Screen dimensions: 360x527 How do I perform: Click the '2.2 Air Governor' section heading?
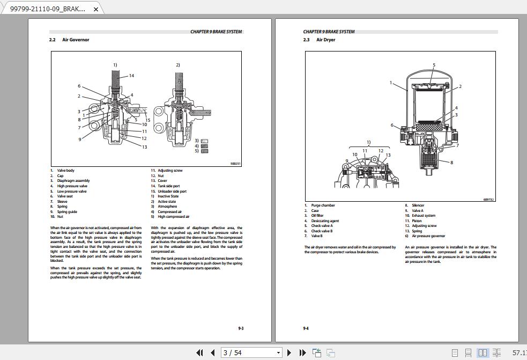69,40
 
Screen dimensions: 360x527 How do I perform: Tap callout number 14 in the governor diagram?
131,76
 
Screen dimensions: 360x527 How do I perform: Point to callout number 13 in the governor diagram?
144,147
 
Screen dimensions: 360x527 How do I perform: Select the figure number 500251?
235,164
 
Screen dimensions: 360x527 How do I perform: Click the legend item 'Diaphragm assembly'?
73,181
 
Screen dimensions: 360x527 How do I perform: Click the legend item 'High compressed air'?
173,217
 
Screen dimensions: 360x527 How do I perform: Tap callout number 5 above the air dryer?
434,65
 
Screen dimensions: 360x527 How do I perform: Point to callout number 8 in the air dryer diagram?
451,163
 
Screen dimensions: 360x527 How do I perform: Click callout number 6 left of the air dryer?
392,126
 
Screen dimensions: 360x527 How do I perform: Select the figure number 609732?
488,200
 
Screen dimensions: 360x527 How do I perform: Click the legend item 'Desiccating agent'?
325,221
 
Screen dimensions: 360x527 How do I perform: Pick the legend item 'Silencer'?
418,205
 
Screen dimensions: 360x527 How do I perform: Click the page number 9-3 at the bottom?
241,328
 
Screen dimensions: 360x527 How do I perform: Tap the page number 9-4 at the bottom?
306,328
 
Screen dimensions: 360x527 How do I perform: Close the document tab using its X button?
96,9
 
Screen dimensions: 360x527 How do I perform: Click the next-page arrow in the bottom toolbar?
290,352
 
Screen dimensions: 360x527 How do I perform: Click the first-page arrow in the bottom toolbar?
200,352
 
